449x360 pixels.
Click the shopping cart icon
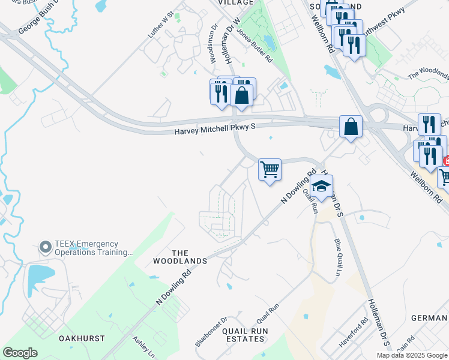270,169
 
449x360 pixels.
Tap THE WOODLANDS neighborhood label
188,257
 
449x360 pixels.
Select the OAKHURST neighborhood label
82,338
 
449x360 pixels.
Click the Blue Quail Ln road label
337,257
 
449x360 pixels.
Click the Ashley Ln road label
144,347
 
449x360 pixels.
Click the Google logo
20,353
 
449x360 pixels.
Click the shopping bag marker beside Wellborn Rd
351,127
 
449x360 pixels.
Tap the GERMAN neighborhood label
429,317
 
